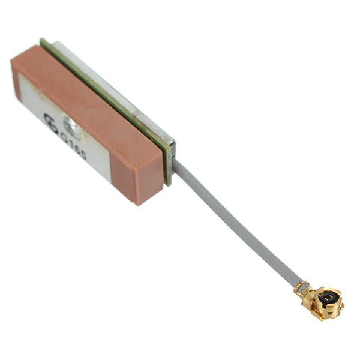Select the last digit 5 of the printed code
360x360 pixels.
pyautogui.click(x=82, y=155)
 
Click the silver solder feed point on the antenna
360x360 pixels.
pyautogui.click(x=73, y=125)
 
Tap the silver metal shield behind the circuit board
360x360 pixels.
pyautogui.click(x=120, y=90)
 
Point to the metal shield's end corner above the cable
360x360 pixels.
pyautogui.click(x=172, y=143)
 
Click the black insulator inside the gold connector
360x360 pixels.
pyautogui.click(x=326, y=297)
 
